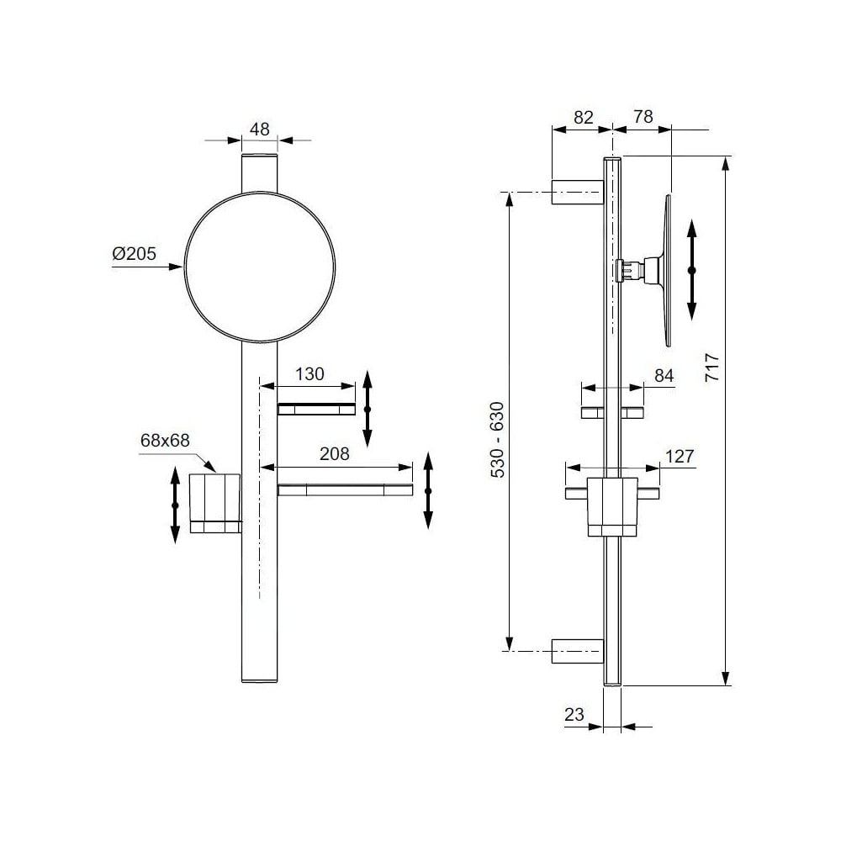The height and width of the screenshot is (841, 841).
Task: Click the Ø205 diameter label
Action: pyautogui.click(x=134, y=253)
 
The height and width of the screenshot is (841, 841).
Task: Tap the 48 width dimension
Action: pyautogui.click(x=260, y=130)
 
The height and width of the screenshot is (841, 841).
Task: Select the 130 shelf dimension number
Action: pyautogui.click(x=309, y=374)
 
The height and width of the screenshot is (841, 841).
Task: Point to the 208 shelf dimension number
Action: pyautogui.click(x=334, y=454)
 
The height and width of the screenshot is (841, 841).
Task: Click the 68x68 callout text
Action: pyautogui.click(x=165, y=441)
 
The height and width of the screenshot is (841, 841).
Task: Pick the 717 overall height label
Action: pyautogui.click(x=711, y=367)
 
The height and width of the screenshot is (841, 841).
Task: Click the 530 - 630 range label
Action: pyautogui.click(x=498, y=440)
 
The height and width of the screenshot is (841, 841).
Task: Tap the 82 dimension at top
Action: pyautogui.click(x=584, y=117)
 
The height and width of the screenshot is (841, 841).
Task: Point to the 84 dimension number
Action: pyautogui.click(x=664, y=376)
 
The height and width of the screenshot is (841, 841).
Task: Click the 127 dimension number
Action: pyautogui.click(x=680, y=457)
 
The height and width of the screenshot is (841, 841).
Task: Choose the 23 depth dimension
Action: pyautogui.click(x=574, y=714)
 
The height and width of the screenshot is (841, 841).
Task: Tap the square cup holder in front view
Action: pyautogui.click(x=215, y=503)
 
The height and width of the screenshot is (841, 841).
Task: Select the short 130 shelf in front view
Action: pyautogui.click(x=316, y=409)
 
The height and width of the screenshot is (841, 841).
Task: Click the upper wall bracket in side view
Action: pyautogui.click(x=578, y=192)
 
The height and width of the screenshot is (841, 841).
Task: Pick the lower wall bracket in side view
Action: pyautogui.click(x=578, y=651)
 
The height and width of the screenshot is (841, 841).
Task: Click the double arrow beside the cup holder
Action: pyautogui.click(x=175, y=505)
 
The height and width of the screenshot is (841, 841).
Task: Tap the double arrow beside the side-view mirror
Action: pyautogui.click(x=692, y=270)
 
